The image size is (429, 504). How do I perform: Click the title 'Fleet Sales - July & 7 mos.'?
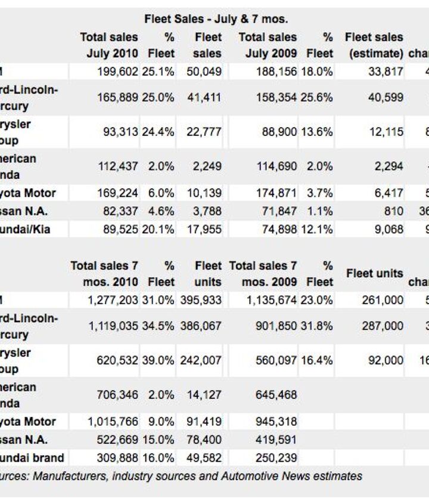216,20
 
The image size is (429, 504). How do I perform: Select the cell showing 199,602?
118,72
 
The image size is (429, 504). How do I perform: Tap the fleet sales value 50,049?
204,72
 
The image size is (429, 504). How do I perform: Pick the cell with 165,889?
118,97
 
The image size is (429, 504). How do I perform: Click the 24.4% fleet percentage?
158,132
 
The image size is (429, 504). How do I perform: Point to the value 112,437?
118,166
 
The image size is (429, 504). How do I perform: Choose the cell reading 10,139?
204,193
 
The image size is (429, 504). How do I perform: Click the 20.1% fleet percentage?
158,229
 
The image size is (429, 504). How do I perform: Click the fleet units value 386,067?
201,326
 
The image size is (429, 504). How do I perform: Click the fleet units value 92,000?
386,360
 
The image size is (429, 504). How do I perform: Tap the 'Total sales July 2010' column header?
109,45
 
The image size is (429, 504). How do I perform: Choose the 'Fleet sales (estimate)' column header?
374,45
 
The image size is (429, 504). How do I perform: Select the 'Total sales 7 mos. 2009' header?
263,273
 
